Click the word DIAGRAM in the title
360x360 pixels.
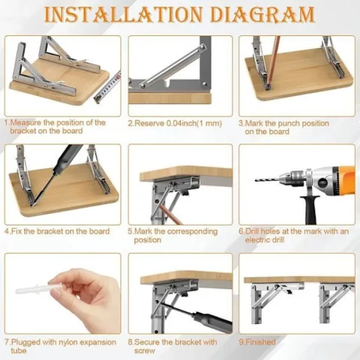[262, 14]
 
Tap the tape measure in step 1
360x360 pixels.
[107, 87]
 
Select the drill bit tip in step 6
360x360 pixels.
[257, 180]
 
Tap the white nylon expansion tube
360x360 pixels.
[38, 289]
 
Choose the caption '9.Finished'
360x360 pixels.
[257, 342]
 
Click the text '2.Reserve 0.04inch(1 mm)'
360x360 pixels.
[175, 124]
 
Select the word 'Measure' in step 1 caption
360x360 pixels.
[26, 122]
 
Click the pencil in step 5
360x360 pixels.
[170, 214]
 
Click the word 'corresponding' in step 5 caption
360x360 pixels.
[193, 232]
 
